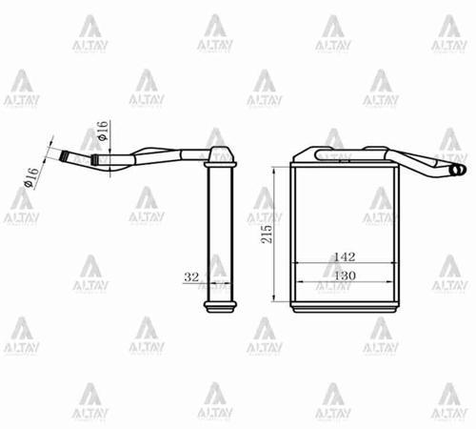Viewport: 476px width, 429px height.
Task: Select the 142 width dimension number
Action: [x=344, y=256]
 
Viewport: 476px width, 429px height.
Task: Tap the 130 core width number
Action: [x=344, y=275]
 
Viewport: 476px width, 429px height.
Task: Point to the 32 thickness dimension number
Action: [x=189, y=277]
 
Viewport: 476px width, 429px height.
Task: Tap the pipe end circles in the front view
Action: [x=456, y=171]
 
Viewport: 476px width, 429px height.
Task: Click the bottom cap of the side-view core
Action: [x=220, y=307]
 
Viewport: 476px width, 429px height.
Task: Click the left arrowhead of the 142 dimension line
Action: [x=294, y=264]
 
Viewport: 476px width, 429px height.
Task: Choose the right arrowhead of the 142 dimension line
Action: [x=395, y=264]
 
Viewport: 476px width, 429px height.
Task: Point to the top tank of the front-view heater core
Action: [x=345, y=165]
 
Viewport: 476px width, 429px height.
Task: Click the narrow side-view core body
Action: [x=220, y=234]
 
